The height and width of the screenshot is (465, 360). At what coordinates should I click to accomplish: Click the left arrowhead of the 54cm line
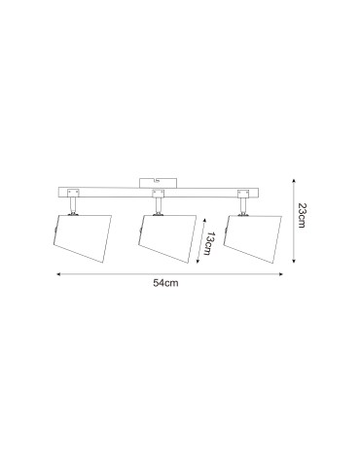tap(57, 274)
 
